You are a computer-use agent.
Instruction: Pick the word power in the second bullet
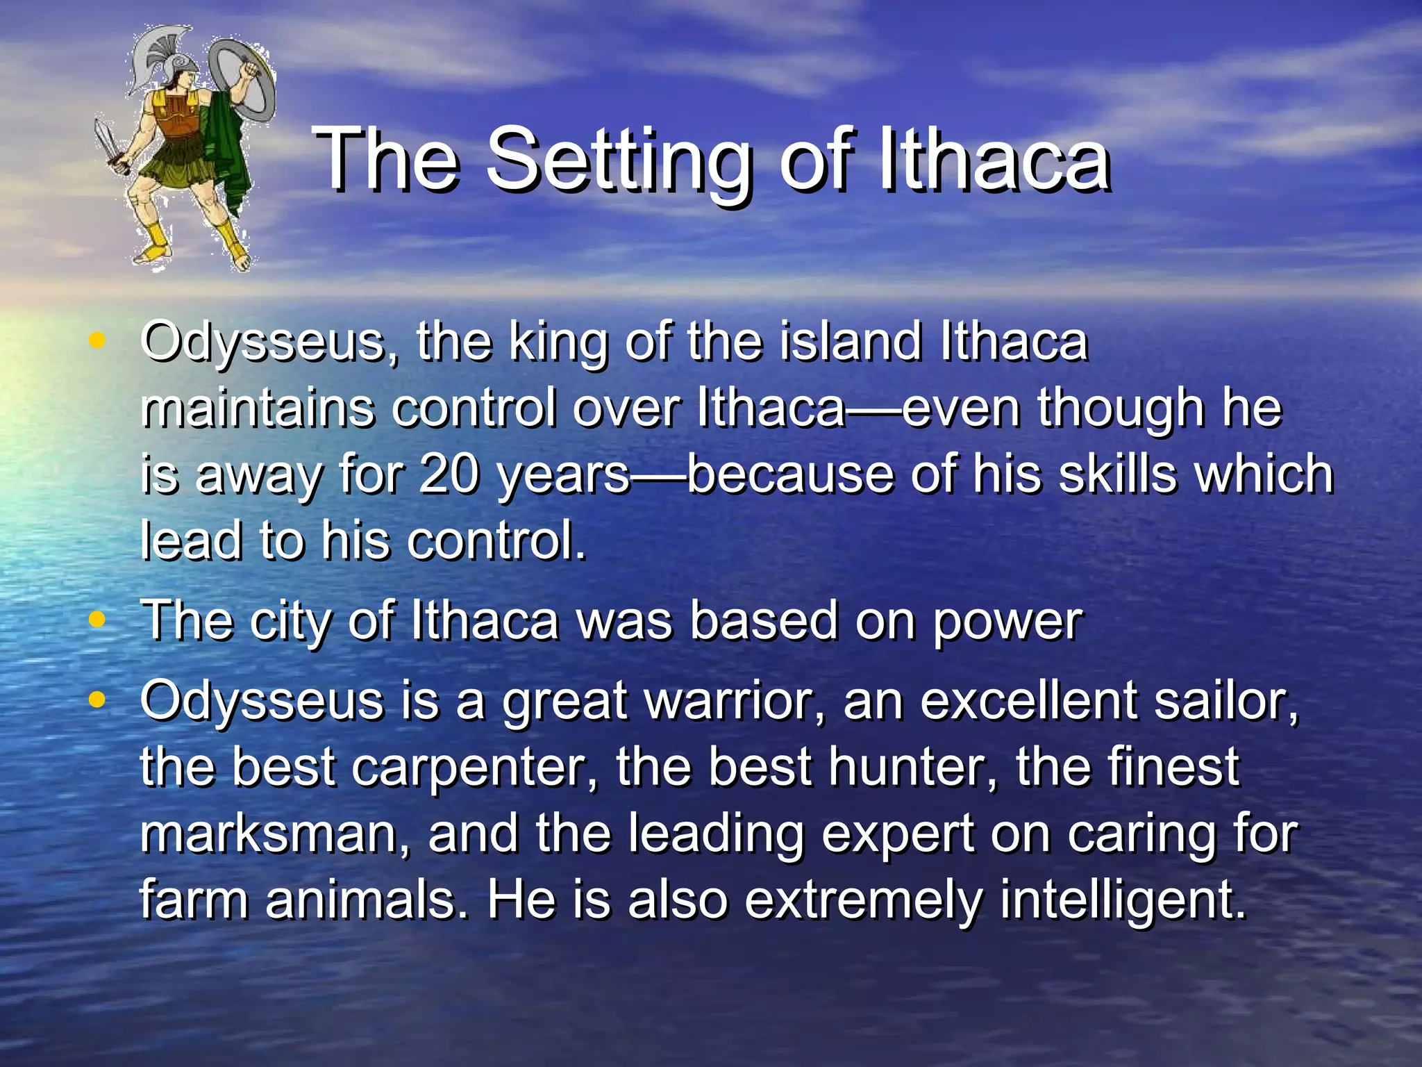tap(1007, 620)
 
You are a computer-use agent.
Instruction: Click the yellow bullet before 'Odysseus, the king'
tap(97, 340)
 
